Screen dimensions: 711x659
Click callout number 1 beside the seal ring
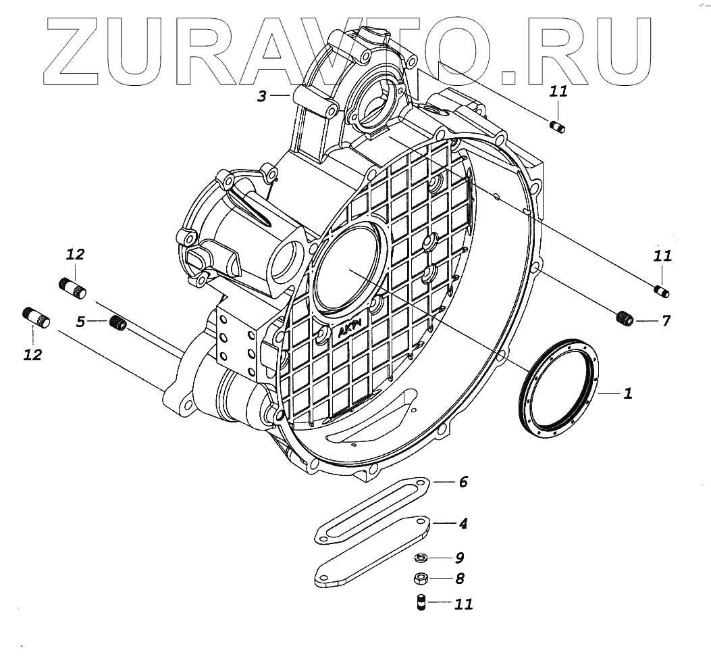[x=627, y=393]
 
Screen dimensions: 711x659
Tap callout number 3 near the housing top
[x=262, y=96]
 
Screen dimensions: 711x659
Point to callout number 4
[x=463, y=523]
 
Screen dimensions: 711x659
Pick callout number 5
[x=80, y=322]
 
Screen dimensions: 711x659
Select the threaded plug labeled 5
[x=119, y=323]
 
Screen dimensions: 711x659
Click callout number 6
[x=463, y=482]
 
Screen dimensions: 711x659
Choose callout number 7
[x=665, y=320]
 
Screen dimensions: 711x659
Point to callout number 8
[x=459, y=579]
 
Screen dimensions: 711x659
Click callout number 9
[x=459, y=558]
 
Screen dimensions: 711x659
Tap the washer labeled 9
[x=419, y=558]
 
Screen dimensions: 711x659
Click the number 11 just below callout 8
[x=463, y=604]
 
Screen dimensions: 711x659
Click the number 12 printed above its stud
[x=76, y=254]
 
